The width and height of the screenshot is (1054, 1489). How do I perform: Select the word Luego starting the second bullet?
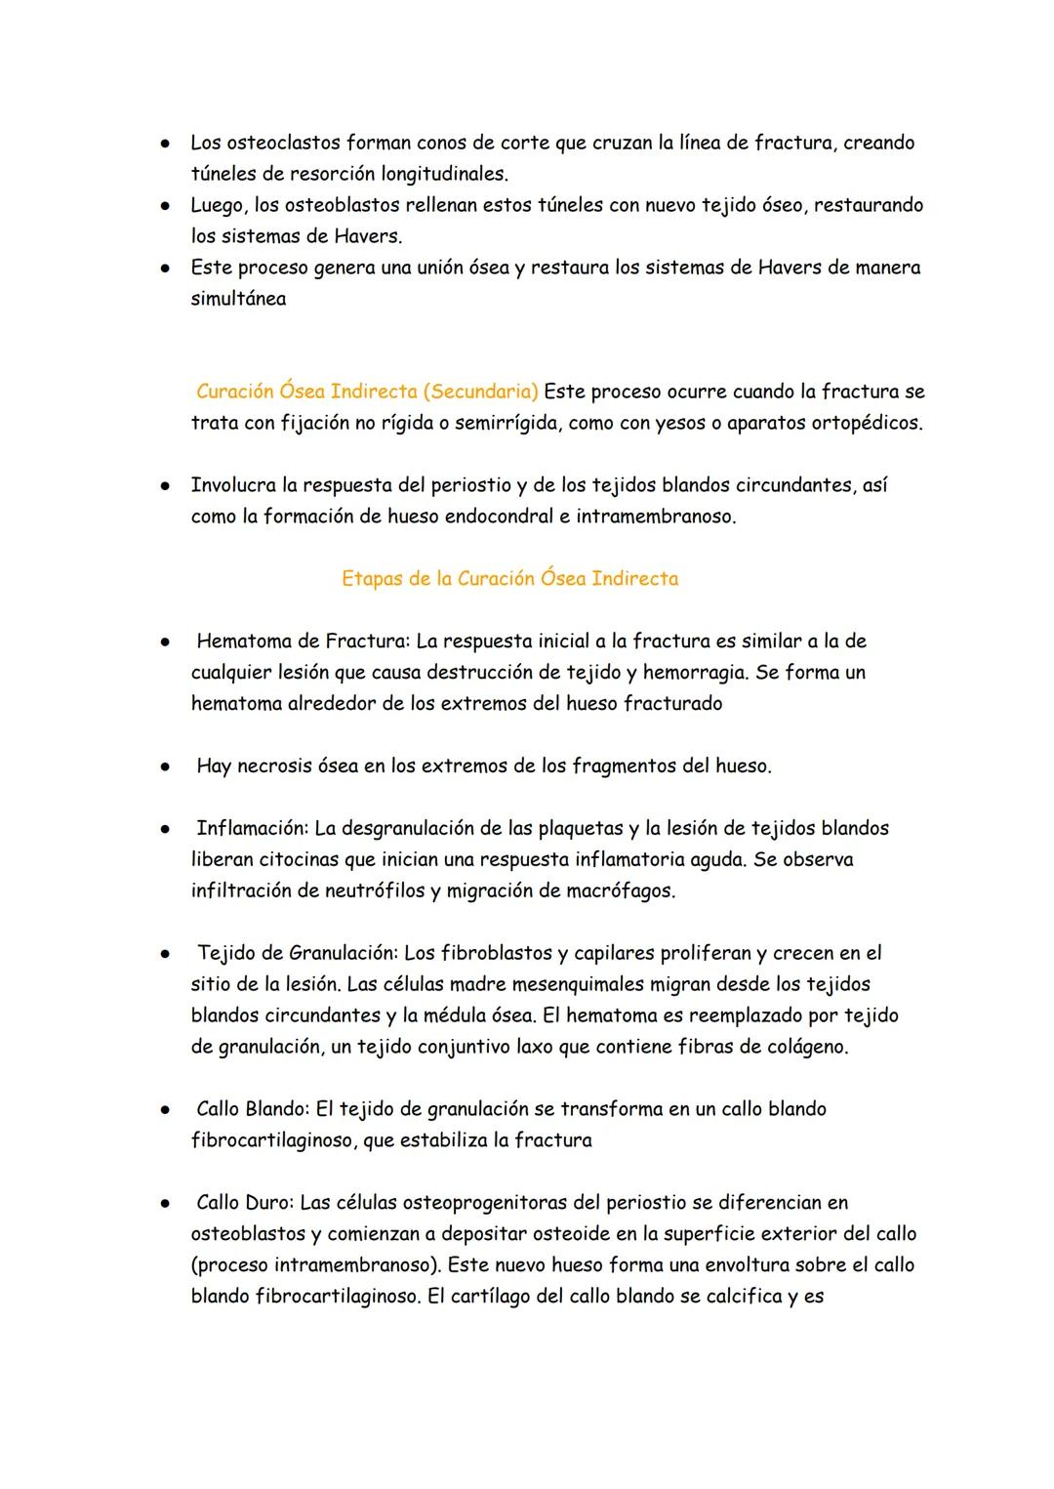click(220, 205)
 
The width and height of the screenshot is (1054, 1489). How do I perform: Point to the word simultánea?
click(238, 299)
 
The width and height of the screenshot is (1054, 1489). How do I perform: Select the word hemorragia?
click(691, 672)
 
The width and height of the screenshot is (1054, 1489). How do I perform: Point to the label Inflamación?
click(252, 828)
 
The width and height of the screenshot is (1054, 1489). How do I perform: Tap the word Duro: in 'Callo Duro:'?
click(268, 1202)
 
